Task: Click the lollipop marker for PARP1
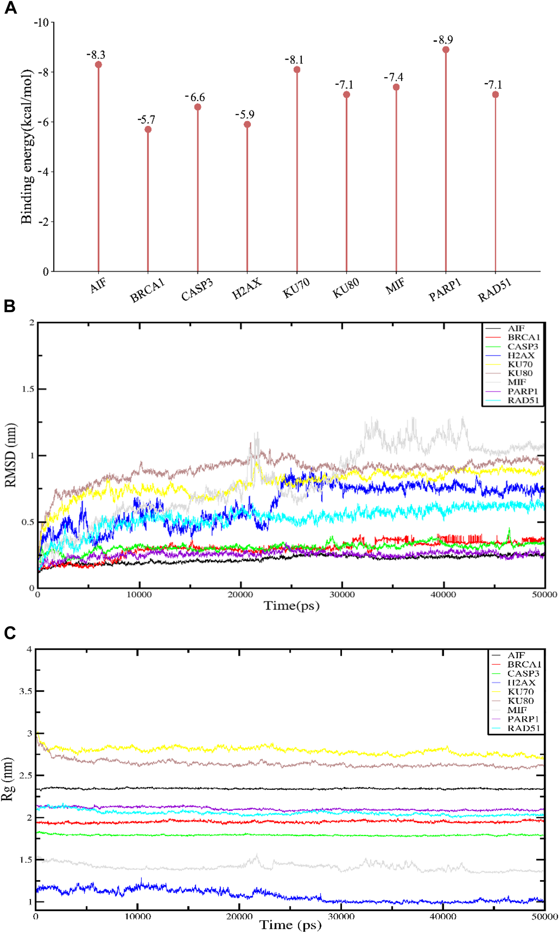(446, 50)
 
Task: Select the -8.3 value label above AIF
(96, 55)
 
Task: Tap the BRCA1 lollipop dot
(148, 130)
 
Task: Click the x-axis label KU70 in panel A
(296, 288)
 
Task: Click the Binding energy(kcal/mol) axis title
(27, 146)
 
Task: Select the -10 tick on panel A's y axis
(41, 22)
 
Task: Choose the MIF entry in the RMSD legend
(516, 382)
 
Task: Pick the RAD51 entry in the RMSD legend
(523, 400)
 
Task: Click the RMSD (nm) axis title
(11, 455)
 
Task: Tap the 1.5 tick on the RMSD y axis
(28, 389)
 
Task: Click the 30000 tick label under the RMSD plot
(342, 595)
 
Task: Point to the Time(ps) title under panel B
(292, 606)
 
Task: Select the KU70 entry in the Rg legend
(520, 692)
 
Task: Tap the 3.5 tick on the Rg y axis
(25, 691)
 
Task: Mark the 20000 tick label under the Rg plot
(239, 916)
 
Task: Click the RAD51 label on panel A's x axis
(495, 290)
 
